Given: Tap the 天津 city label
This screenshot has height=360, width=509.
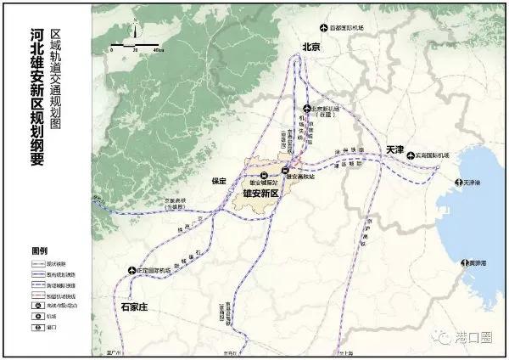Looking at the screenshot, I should point(395,149).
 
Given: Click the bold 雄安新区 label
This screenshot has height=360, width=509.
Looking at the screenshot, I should point(263,194).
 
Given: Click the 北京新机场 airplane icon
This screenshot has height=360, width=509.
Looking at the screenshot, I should point(308,109).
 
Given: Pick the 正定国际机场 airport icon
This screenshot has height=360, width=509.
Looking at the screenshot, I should point(131,271).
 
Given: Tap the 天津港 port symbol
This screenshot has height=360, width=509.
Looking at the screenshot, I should point(457,183).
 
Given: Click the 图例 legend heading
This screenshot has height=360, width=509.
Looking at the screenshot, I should point(39,251).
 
